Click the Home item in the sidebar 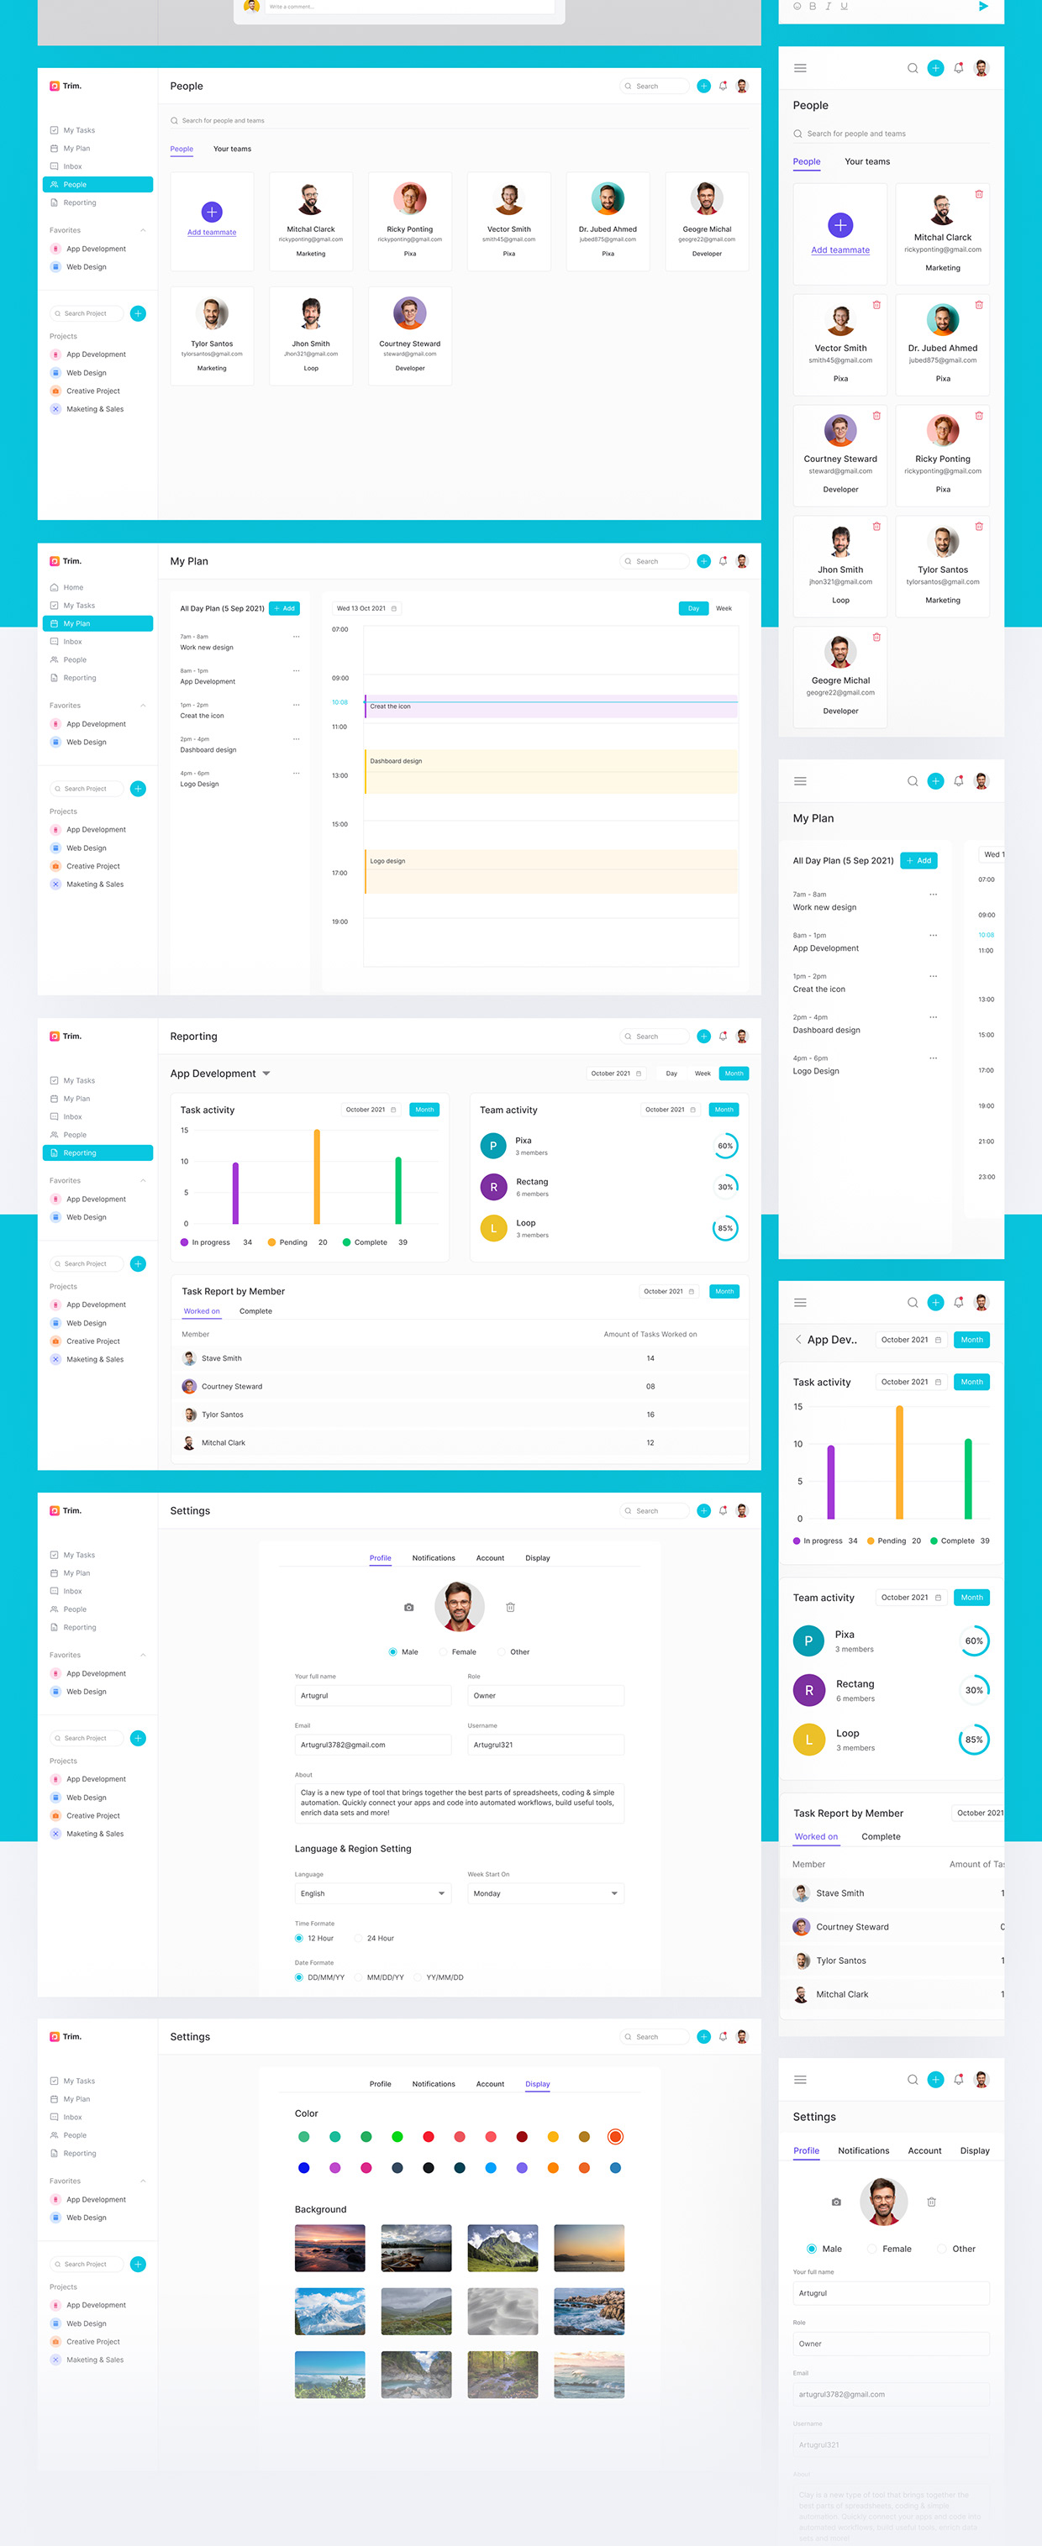pyautogui.click(x=72, y=587)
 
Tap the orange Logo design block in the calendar pyautogui.click(x=550, y=871)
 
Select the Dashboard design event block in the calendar pyautogui.click(x=550, y=771)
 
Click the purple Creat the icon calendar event pyautogui.click(x=550, y=706)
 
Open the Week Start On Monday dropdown pyautogui.click(x=545, y=1893)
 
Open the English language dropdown pyautogui.click(x=371, y=1893)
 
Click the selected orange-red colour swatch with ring pyautogui.click(x=615, y=2137)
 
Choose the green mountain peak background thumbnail pyautogui.click(x=503, y=2248)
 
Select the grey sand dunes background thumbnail pyautogui.click(x=503, y=2311)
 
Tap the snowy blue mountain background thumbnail pyautogui.click(x=329, y=2311)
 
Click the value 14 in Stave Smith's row pyautogui.click(x=650, y=1358)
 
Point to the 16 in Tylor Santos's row pyautogui.click(x=650, y=1415)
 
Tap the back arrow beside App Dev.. pyautogui.click(x=797, y=1339)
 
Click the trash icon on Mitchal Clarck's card pyautogui.click(x=979, y=194)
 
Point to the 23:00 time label pyautogui.click(x=986, y=1176)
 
